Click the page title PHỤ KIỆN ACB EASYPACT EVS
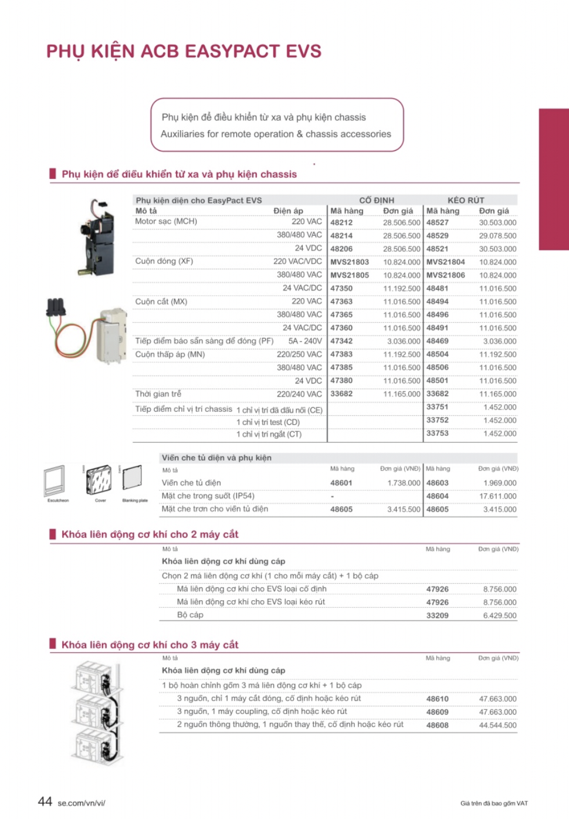184,52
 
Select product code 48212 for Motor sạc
341,223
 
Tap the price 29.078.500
497,236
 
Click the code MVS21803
350,262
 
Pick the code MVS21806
445,275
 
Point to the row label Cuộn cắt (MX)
161,302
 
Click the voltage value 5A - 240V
305,341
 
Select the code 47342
341,341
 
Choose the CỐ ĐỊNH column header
377,200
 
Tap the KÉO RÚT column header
466,200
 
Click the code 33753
437,434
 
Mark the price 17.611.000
497,496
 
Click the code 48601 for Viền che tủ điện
341,483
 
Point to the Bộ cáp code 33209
437,615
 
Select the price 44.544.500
497,725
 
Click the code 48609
437,712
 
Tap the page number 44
45,801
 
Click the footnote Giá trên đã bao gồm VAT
494,803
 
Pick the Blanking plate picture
133,478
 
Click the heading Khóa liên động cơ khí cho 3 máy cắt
150,645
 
